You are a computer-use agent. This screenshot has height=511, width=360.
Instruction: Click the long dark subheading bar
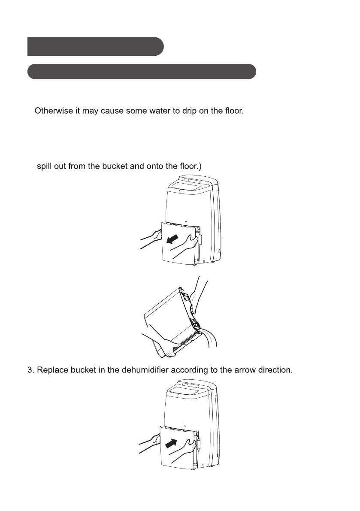(142, 72)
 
